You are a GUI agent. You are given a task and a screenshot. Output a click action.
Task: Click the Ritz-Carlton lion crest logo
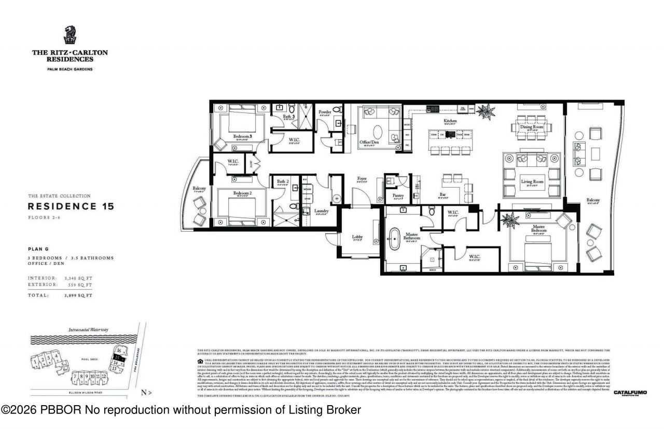[70, 36]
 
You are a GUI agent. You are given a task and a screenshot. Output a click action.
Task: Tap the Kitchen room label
[450, 121]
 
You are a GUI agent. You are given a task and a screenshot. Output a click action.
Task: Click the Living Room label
[532, 181]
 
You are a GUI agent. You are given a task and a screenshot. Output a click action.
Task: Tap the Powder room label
[325, 112]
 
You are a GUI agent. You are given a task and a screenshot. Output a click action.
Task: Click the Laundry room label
[321, 211]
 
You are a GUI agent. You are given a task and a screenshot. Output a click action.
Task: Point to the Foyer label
[362, 179]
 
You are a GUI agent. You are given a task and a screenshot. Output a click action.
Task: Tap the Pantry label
[398, 195]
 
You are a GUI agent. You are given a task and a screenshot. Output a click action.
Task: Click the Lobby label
[357, 237]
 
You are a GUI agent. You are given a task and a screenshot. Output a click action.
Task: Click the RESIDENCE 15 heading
[71, 206]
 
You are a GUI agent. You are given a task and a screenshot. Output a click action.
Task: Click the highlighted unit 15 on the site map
[119, 358]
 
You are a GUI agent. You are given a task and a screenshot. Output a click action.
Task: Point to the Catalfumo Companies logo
[630, 393]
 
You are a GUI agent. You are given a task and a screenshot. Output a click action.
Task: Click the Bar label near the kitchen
[442, 195]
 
